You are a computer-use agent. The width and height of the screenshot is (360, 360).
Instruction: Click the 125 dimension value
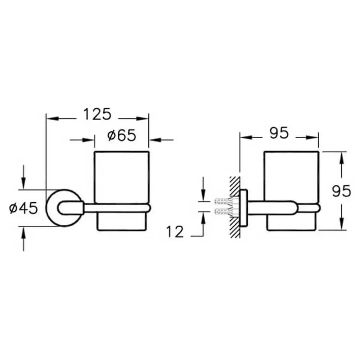point(97,114)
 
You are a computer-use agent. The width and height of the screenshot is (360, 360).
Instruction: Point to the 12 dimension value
point(175,231)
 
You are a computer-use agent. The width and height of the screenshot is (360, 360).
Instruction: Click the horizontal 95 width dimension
point(279,133)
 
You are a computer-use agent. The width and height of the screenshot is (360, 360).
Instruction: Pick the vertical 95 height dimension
point(341,191)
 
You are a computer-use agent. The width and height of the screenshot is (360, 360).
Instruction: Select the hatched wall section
point(234,207)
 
